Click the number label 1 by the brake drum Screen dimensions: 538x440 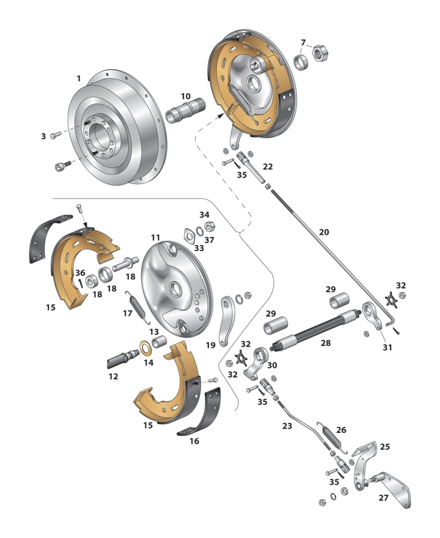[x=78, y=78]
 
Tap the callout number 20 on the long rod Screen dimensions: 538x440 [x=324, y=232]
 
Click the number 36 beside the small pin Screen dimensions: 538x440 [x=80, y=273]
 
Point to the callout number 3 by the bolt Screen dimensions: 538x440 [x=43, y=136]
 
